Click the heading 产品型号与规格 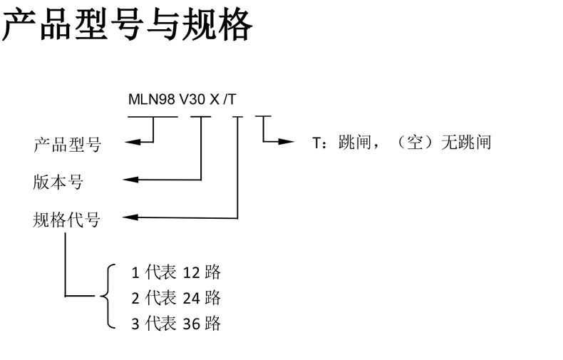coord(128,26)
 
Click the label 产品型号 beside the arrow coord(68,145)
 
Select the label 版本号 coord(58,182)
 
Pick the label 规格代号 coord(68,219)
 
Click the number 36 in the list coord(191,324)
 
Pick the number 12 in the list coord(191,272)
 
